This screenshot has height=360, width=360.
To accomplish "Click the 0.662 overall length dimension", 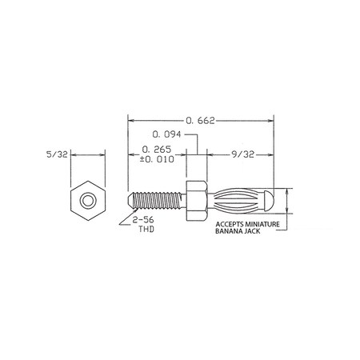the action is pos(200,121).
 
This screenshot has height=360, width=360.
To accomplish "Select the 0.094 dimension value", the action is pos(166,134).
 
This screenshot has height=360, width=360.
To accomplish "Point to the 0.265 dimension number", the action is pos(157,150).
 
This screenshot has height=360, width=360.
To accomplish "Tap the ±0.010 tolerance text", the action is pos(157,159).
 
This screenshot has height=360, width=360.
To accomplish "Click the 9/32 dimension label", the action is pos(243,154).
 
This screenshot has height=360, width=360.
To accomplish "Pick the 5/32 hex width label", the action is pos(57,154).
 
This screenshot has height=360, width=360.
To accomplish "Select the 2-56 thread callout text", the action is pos(143,220).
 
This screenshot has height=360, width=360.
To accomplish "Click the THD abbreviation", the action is pos(146,229).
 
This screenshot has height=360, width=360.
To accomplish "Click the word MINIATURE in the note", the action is pos(262,224).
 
